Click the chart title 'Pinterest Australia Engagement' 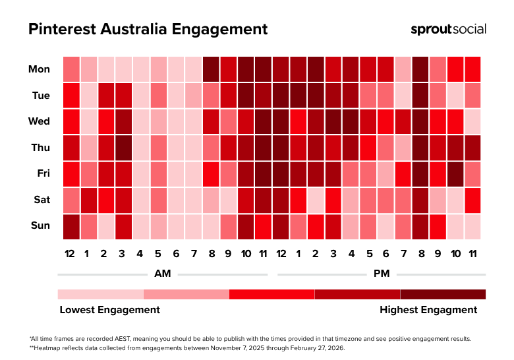pyautogui.click(x=148, y=30)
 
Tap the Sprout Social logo pyautogui.click(x=448, y=29)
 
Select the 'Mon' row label pyautogui.click(x=39, y=69)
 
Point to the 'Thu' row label pyautogui.click(x=40, y=147)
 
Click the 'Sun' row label pyautogui.click(x=40, y=225)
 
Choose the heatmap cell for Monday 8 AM pyautogui.click(x=211, y=69)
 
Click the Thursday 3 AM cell pyautogui.click(x=124, y=147)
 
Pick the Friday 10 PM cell pyautogui.click(x=455, y=173)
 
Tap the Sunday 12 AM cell pyautogui.click(x=71, y=225)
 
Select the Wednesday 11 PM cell pyautogui.click(x=472, y=121)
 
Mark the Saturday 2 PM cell pyautogui.click(x=315, y=199)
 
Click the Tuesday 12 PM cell pyautogui.click(x=280, y=95)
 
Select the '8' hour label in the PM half pyautogui.click(x=420, y=254)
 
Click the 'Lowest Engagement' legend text pyautogui.click(x=109, y=309)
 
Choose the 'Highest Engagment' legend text pyautogui.click(x=428, y=309)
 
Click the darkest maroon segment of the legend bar pyautogui.click(x=443, y=294)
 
